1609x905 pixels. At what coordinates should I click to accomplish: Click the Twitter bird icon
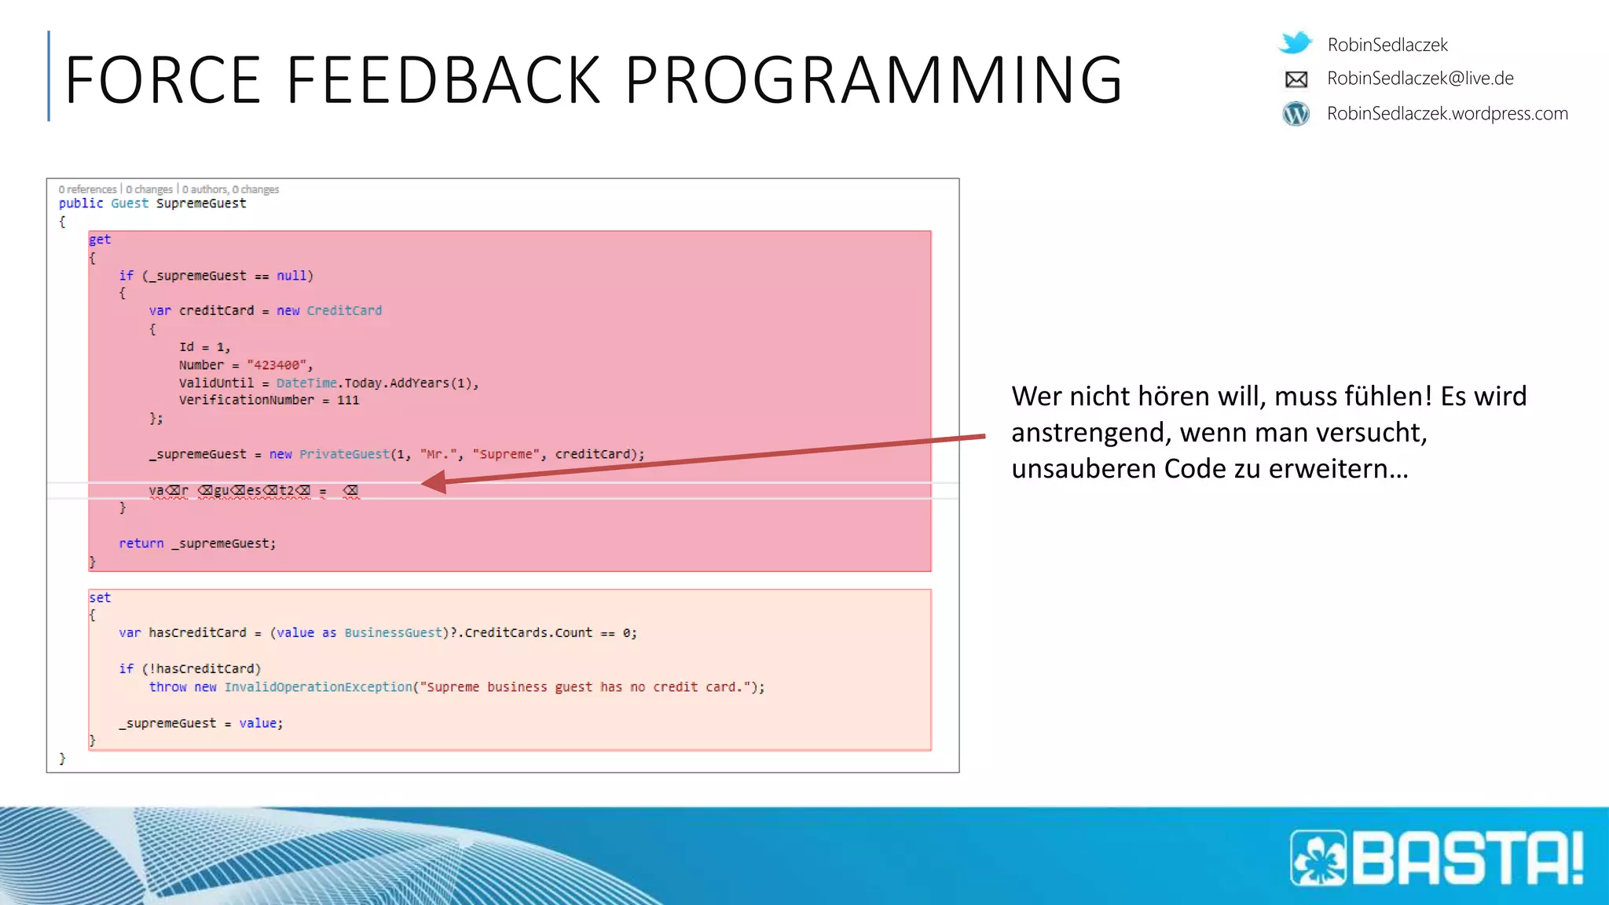pyautogui.click(x=1296, y=42)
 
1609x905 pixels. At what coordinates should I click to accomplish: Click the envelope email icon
pyautogui.click(x=1296, y=79)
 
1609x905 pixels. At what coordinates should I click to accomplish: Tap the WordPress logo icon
pyautogui.click(x=1296, y=114)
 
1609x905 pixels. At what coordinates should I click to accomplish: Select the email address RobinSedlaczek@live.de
pyautogui.click(x=1420, y=79)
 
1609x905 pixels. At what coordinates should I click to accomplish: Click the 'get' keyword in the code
pyautogui.click(x=100, y=240)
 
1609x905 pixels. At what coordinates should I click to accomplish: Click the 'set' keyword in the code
pyautogui.click(x=100, y=598)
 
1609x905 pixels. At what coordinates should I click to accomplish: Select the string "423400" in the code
pyautogui.click(x=276, y=365)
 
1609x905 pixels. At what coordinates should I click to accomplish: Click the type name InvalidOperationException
pyautogui.click(x=318, y=687)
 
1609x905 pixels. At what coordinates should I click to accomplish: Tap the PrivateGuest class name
pyautogui.click(x=344, y=454)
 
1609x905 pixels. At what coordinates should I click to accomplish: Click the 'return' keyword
pyautogui.click(x=141, y=544)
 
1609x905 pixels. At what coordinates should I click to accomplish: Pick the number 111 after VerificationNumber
pyautogui.click(x=348, y=401)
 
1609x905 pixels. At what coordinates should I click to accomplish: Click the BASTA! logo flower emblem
pyautogui.click(x=1319, y=858)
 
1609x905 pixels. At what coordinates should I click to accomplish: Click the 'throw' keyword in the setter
pyautogui.click(x=168, y=687)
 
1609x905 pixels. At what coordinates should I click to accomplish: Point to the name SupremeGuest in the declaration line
pyautogui.click(x=201, y=203)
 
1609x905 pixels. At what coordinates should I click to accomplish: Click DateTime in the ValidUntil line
pyautogui.click(x=306, y=383)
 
